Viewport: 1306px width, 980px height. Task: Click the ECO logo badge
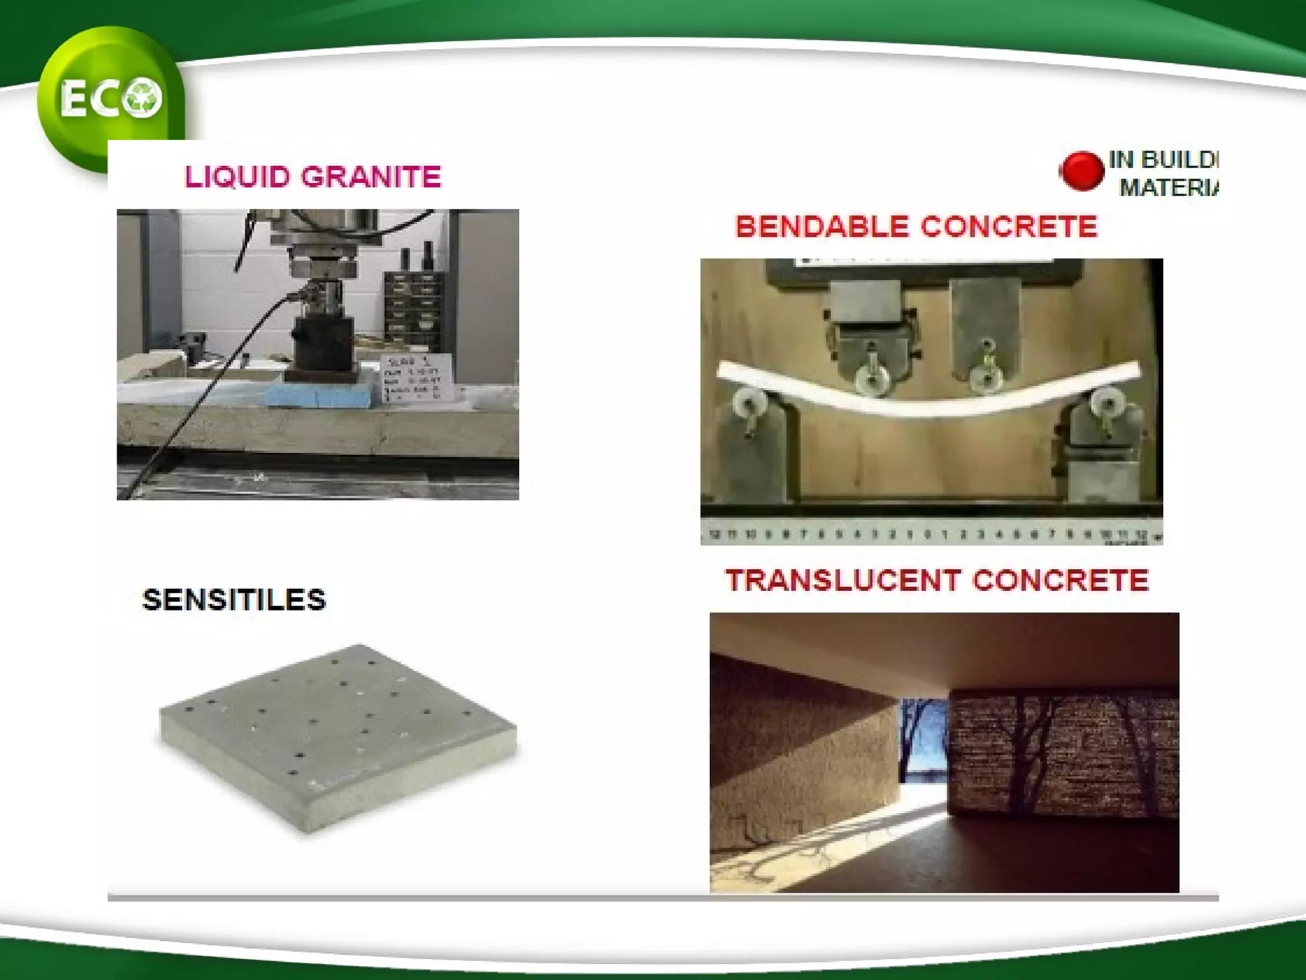(x=110, y=99)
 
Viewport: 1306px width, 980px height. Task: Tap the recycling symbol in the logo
(x=143, y=98)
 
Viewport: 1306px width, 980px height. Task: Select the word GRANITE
(x=371, y=177)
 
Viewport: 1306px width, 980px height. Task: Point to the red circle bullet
(x=1081, y=171)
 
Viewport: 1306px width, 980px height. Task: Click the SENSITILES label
(x=234, y=600)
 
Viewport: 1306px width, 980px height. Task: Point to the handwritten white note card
(x=418, y=378)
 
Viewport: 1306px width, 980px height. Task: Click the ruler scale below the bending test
(x=931, y=535)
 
